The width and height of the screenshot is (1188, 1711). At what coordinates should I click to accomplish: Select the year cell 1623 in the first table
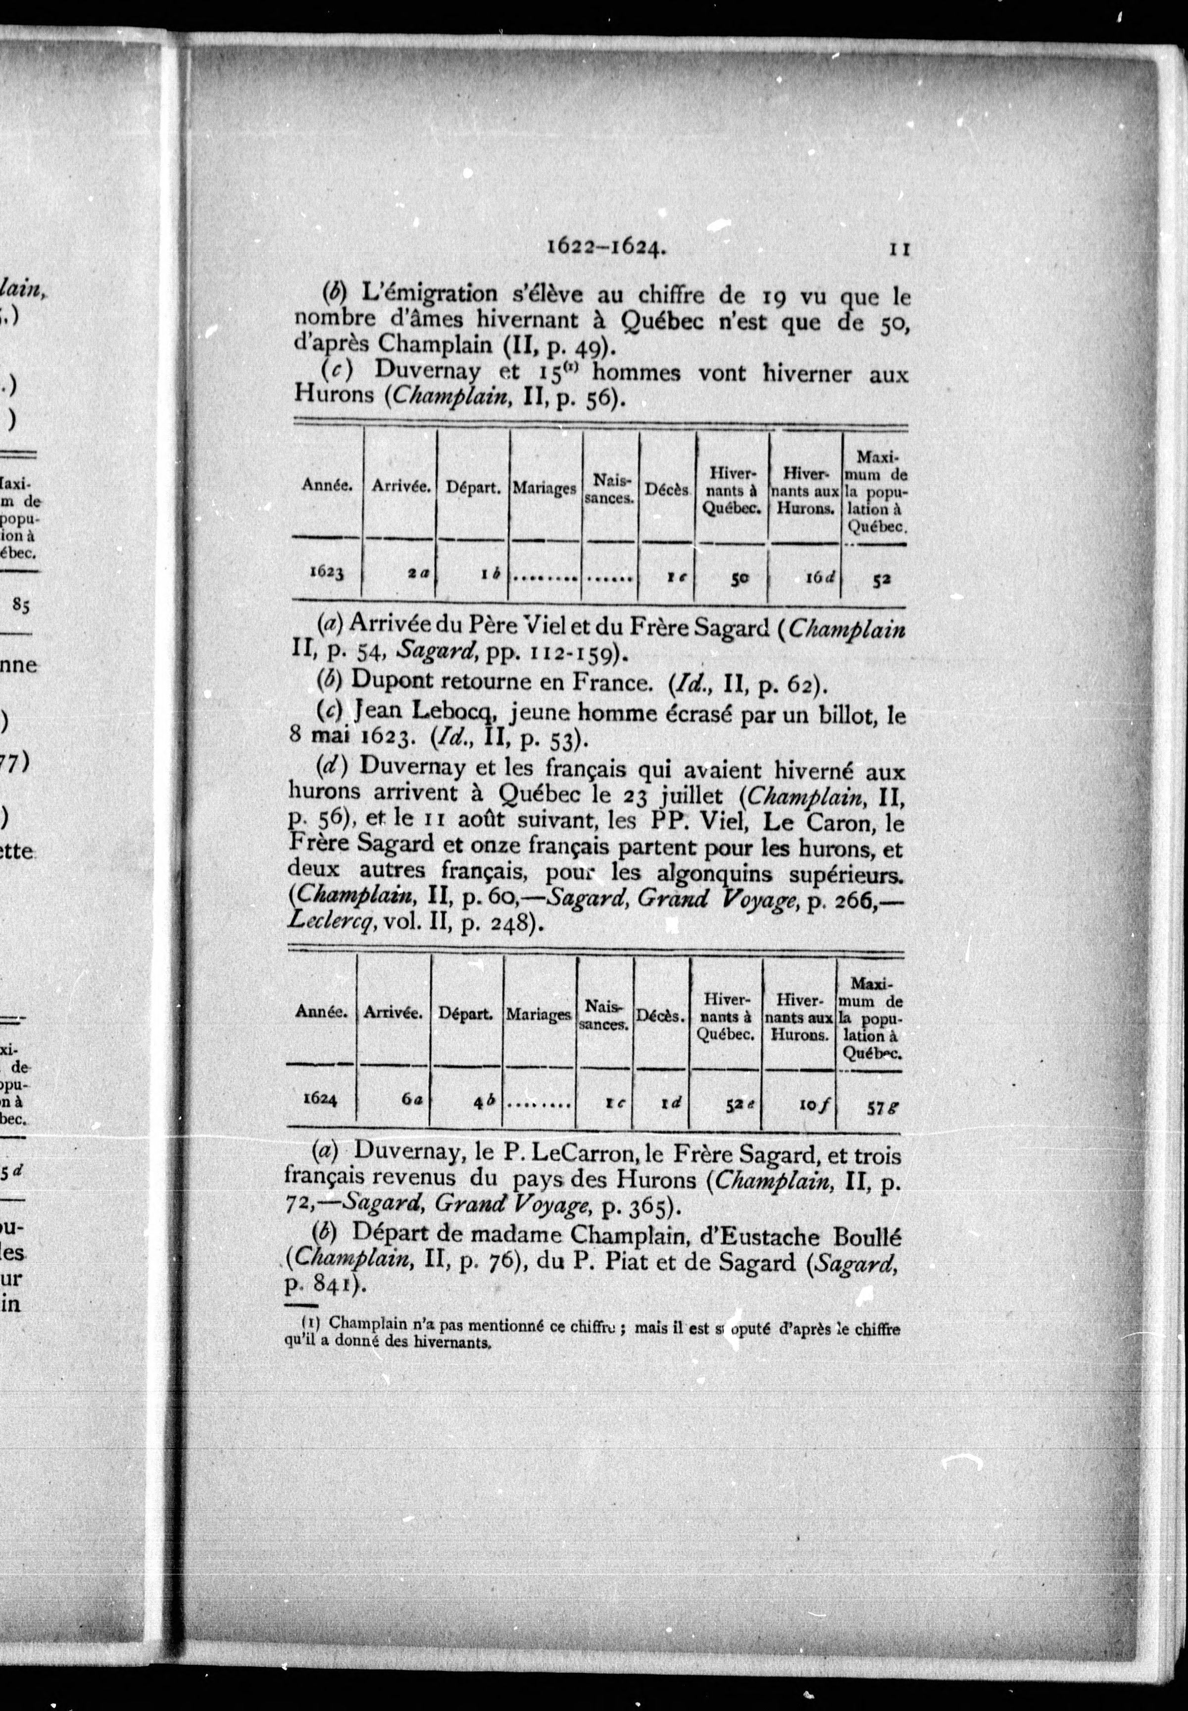pos(325,573)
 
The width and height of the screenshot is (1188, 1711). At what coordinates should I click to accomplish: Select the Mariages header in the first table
pos(544,489)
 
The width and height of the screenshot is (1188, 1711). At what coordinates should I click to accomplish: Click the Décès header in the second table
pos(660,1015)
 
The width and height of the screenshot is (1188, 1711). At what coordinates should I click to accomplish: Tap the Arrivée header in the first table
pos(401,487)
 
